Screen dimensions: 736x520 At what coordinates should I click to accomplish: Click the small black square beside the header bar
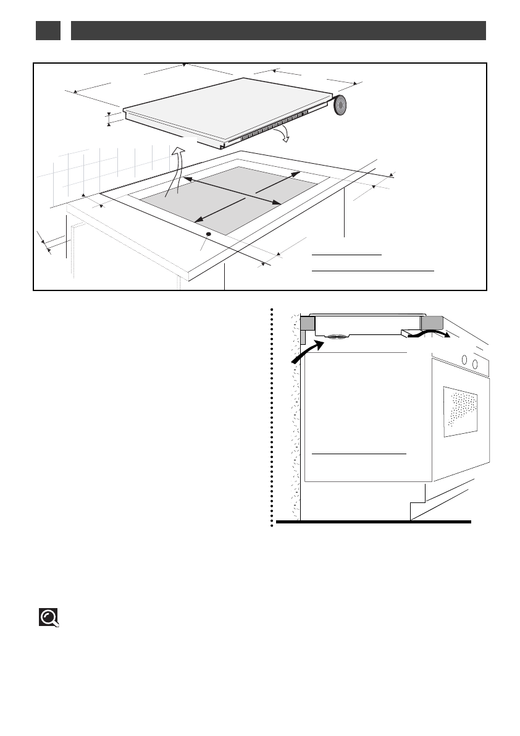pos(48,30)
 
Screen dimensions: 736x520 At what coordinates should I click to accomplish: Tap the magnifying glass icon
pos(49,617)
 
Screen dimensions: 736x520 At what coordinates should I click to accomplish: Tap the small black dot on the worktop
pos(208,234)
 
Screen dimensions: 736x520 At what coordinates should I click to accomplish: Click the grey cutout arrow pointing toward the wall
pos(277,181)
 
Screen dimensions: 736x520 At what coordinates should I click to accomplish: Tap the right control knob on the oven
pos(474,364)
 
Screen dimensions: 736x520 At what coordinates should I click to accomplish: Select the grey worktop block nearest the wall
pos(307,324)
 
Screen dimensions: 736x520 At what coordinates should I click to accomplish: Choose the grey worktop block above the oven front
pos(432,323)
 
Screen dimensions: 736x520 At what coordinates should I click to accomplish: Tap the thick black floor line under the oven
pos(373,522)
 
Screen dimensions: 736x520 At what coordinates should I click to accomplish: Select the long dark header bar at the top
pos(279,30)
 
